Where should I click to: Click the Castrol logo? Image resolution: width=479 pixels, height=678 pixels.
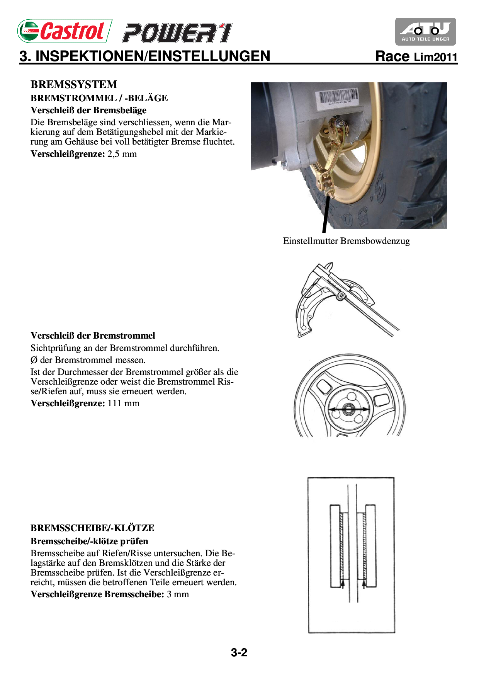[65, 31]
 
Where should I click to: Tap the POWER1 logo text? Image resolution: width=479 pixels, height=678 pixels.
[177, 33]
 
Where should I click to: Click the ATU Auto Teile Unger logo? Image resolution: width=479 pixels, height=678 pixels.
[425, 32]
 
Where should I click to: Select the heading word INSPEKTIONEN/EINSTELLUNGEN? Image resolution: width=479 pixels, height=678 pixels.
[153, 56]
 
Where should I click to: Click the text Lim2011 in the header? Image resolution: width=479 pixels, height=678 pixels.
[436, 57]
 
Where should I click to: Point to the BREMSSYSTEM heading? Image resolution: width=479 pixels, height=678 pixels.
[74, 84]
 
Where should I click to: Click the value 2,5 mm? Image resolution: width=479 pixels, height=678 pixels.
[122, 154]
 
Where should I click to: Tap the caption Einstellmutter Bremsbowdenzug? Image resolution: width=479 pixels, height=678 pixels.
[346, 241]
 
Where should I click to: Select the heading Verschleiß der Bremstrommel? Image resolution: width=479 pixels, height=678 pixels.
[93, 336]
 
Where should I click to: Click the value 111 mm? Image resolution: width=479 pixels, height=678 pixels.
[124, 404]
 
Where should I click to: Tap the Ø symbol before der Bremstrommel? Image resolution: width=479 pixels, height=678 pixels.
[34, 360]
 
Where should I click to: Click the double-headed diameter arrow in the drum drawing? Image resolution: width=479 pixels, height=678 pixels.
[348, 409]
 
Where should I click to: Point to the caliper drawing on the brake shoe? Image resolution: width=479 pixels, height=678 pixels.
[348, 300]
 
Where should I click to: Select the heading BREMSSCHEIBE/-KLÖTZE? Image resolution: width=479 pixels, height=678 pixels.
[92, 528]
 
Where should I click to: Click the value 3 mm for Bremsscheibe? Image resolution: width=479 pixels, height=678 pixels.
[178, 595]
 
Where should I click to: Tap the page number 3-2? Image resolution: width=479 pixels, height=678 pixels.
[239, 653]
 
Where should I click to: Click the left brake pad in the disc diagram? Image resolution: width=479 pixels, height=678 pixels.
[335, 546]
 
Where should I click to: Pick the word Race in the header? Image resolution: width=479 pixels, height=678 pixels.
[392, 56]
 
